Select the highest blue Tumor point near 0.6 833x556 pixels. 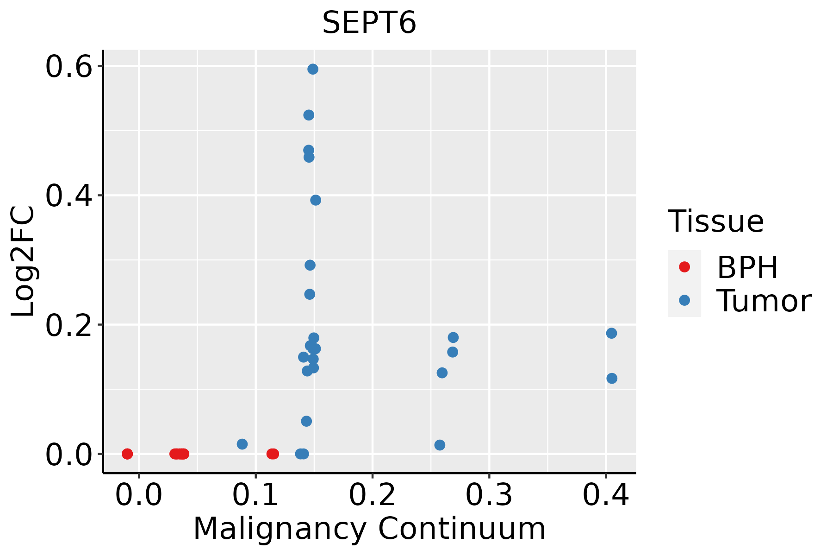point(313,69)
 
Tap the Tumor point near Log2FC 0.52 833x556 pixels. point(309,115)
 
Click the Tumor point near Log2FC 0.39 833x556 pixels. point(316,200)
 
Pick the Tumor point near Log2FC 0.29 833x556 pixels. point(310,265)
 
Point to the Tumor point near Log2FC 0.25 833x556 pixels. point(310,294)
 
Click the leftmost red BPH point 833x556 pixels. point(127,454)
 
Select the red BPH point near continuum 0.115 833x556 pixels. point(273,454)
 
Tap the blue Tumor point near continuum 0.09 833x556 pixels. point(242,444)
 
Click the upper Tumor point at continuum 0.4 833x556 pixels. point(611,333)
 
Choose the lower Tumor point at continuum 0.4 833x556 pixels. point(612,379)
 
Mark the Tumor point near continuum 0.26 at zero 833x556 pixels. point(440,445)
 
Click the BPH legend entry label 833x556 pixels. point(747,267)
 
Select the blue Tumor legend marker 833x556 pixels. point(684,300)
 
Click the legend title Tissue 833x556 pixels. point(716,221)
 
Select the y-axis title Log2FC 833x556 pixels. point(23,262)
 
